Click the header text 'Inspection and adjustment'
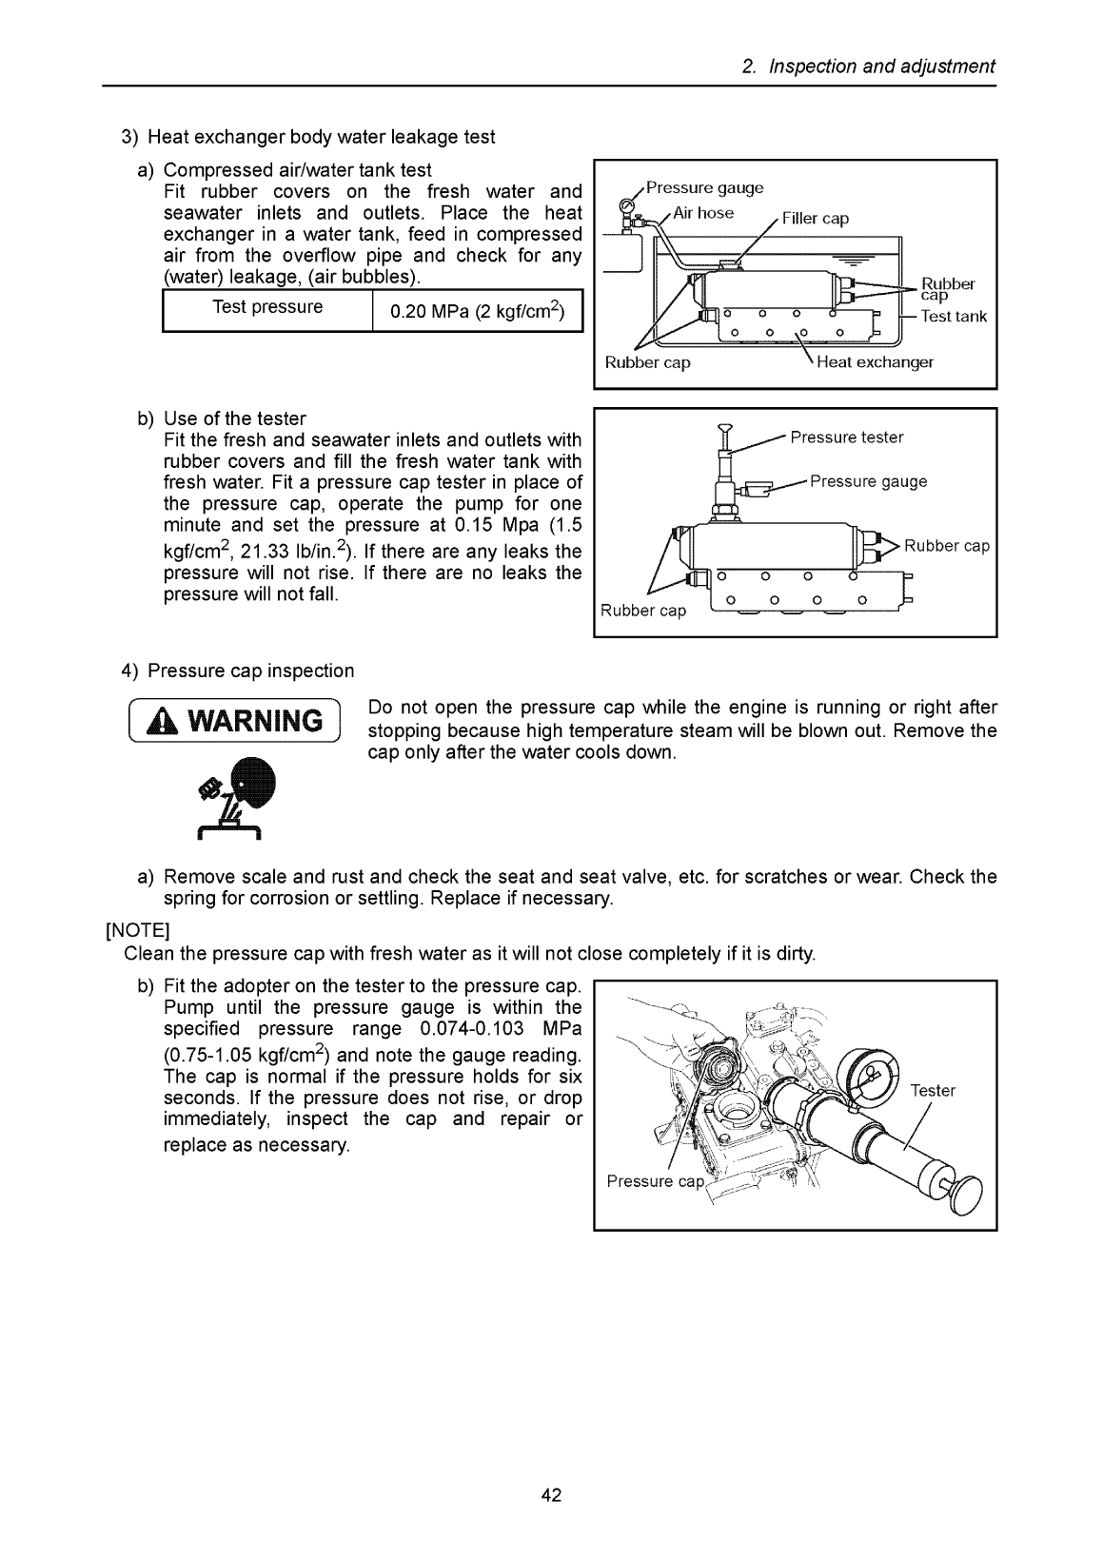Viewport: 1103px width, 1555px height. pyautogui.click(x=881, y=67)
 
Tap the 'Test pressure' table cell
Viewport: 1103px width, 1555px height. pyautogui.click(x=267, y=307)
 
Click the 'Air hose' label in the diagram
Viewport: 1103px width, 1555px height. pyautogui.click(x=702, y=213)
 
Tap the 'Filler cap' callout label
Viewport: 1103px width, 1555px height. pyautogui.click(x=815, y=219)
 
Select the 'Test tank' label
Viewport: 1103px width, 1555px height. pyautogui.click(x=954, y=317)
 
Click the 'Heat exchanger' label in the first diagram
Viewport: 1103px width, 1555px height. pyautogui.click(x=875, y=362)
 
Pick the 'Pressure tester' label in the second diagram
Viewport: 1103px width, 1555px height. pyautogui.click(x=847, y=437)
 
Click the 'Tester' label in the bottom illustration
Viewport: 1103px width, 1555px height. pyautogui.click(x=933, y=1091)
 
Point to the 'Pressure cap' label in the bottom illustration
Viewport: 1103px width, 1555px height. pyautogui.click(x=655, y=1182)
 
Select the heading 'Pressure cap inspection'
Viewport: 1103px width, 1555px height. pyautogui.click(x=250, y=671)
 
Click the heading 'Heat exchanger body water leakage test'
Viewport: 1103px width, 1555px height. pyautogui.click(x=321, y=137)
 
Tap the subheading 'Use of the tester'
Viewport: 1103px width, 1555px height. pyautogui.click(x=235, y=418)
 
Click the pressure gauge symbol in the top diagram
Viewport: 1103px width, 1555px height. pyautogui.click(x=625, y=205)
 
